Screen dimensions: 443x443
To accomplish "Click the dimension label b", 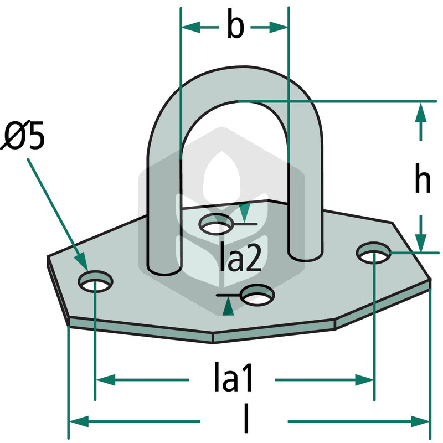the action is click(x=235, y=24).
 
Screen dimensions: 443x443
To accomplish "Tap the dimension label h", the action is click(x=423, y=178).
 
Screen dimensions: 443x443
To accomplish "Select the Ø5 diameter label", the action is click(x=23, y=135).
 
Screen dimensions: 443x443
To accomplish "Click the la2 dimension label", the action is click(x=240, y=256).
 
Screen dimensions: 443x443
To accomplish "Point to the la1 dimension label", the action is click(x=233, y=377).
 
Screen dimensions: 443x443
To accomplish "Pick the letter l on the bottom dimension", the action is click(x=246, y=418).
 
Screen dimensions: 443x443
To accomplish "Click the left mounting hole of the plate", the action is click(x=95, y=281).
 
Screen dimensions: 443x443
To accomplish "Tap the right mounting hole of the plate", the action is click(x=374, y=253).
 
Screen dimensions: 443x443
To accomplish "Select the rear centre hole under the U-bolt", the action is click(x=217, y=224).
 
